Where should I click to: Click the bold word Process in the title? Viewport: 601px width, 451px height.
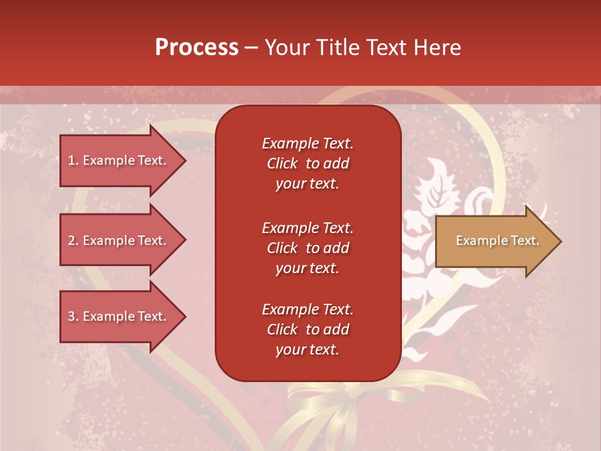point(197,48)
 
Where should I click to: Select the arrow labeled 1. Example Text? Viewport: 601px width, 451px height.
point(119,160)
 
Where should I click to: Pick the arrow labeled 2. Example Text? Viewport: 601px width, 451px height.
point(119,241)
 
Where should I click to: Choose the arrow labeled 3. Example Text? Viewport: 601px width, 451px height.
point(119,316)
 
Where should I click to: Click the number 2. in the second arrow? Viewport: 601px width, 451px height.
point(73,241)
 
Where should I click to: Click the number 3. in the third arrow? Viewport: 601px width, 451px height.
point(73,316)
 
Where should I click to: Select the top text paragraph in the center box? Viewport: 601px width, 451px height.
point(307,163)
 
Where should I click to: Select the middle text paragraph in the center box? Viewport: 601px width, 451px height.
point(307,248)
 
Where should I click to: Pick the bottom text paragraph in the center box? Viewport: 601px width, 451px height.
point(307,329)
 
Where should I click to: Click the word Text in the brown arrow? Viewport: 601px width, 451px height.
point(526,241)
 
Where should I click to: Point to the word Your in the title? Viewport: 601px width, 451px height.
point(286,48)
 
